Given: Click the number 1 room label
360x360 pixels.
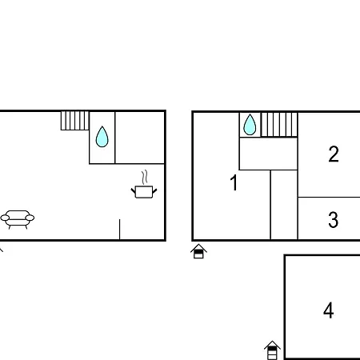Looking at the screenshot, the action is [x=234, y=182].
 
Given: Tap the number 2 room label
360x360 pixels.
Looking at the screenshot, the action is [x=334, y=154].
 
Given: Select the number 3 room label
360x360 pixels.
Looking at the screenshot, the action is [x=334, y=219].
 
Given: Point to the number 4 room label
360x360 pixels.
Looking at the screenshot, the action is [x=328, y=310].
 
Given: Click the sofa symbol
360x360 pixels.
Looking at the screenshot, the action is [x=18, y=219].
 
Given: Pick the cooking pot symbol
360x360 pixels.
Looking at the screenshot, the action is [x=144, y=192].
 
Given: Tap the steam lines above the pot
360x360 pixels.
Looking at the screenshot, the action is [x=145, y=177].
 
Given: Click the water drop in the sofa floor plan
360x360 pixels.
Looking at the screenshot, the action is [x=102, y=137].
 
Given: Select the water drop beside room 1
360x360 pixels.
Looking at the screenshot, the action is [x=250, y=125].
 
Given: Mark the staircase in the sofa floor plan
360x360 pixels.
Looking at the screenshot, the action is [x=75, y=121].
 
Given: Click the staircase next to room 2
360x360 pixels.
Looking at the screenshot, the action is [x=279, y=125].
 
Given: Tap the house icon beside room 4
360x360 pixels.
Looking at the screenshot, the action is [x=272, y=350].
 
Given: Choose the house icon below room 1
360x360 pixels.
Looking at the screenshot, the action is [x=198, y=251].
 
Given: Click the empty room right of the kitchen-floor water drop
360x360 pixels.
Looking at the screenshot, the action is [x=140, y=138].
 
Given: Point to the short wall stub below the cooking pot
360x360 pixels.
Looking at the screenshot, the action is [x=120, y=230].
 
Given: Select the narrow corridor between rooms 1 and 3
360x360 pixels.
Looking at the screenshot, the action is [x=284, y=205].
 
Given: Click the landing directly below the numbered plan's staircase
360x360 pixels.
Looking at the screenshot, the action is [x=268, y=154].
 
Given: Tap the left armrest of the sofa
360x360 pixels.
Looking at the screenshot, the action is [x=5, y=218].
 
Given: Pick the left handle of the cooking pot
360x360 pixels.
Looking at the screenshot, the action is [x=134, y=191].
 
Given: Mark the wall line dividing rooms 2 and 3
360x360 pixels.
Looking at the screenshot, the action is [x=329, y=198].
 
